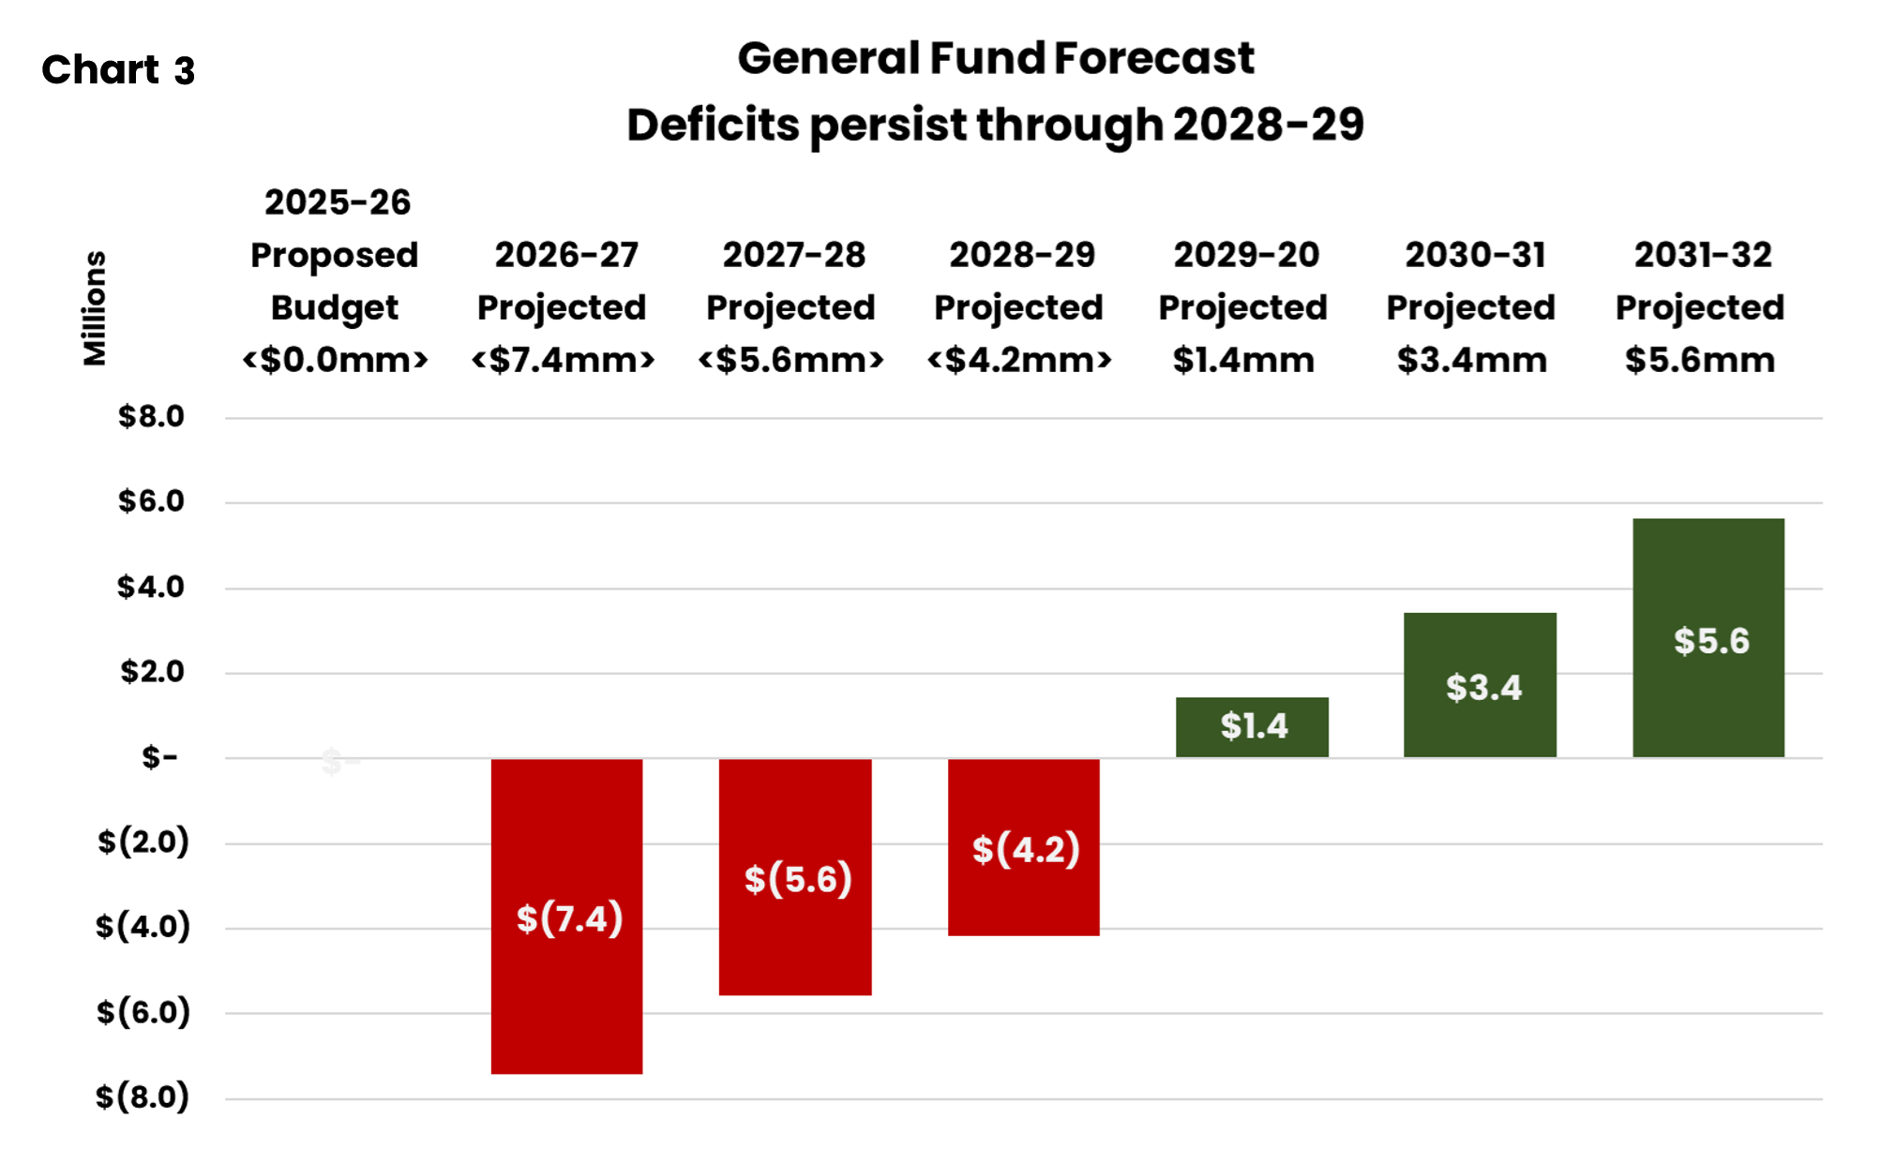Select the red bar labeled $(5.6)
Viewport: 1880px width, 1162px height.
tap(795, 937)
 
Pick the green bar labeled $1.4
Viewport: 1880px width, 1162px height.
tap(1252, 727)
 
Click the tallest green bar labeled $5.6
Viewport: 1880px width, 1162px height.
tap(1707, 581)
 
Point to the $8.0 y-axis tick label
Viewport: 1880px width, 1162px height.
tap(151, 417)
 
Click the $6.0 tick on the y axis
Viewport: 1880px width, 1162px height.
tap(151, 501)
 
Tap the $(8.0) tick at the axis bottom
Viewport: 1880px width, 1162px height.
tap(143, 1096)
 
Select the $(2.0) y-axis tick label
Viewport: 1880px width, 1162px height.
tap(143, 842)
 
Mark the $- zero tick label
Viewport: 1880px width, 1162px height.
tap(159, 757)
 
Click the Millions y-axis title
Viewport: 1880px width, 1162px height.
tap(95, 308)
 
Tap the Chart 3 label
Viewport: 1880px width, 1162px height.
tap(118, 70)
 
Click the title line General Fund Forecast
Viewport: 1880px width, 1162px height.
tap(995, 58)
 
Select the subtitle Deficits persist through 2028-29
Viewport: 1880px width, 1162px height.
tap(995, 125)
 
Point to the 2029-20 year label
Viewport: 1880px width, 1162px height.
tap(1246, 255)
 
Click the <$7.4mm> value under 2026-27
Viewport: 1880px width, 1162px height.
tap(563, 360)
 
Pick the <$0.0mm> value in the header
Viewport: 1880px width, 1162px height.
tap(335, 360)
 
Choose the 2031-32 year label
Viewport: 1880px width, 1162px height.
tap(1703, 255)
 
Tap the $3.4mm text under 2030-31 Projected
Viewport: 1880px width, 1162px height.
tap(1471, 360)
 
